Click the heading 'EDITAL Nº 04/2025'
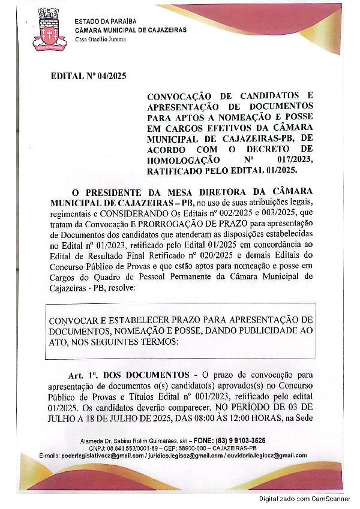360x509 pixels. click(x=89, y=76)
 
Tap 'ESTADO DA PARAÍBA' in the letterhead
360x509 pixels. click(x=103, y=22)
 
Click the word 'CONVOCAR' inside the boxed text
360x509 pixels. click(x=72, y=321)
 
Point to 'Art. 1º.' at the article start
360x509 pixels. click(x=82, y=375)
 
